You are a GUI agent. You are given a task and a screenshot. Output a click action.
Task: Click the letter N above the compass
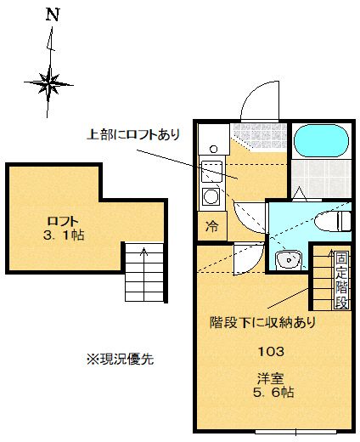pos(53,15)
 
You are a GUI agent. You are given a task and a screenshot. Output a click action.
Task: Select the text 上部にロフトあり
pos(134,133)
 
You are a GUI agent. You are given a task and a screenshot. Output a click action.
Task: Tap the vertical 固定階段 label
pos(341,280)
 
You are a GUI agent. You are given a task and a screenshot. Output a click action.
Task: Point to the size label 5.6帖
pos(272,393)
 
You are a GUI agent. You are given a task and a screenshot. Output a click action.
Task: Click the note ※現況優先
pos(119,359)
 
